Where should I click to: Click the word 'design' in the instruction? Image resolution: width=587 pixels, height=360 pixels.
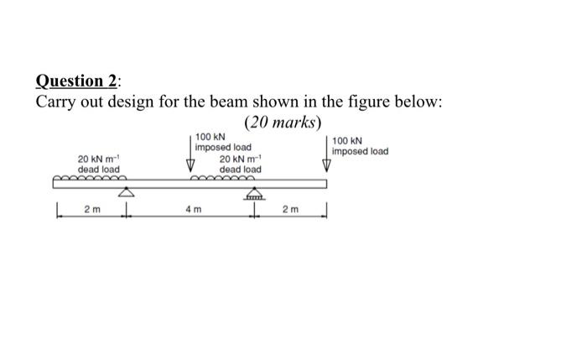click(x=138, y=102)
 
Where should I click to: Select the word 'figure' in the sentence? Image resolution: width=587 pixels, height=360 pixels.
click(x=352, y=102)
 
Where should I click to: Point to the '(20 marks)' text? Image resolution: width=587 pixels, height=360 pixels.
click(x=283, y=123)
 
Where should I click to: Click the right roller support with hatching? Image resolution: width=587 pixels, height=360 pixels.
click(x=253, y=196)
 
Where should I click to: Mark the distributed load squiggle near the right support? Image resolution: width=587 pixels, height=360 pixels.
click(x=221, y=178)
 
